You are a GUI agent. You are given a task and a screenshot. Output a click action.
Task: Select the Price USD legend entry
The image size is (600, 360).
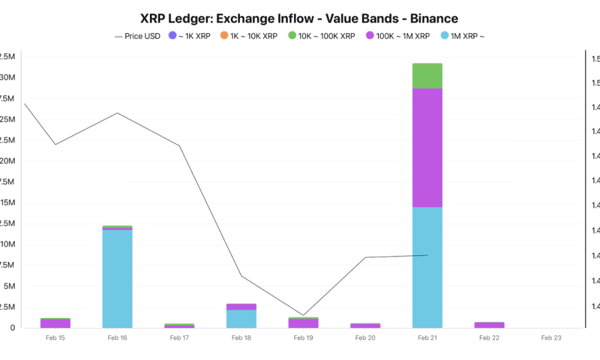pyautogui.click(x=137, y=36)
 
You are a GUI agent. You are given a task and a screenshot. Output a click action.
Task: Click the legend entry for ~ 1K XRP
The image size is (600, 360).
pyautogui.click(x=190, y=36)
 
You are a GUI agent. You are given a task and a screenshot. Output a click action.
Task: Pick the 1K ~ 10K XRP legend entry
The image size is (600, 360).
pyautogui.click(x=248, y=36)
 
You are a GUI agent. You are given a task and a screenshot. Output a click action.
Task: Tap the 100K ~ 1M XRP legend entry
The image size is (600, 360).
pyautogui.click(x=397, y=36)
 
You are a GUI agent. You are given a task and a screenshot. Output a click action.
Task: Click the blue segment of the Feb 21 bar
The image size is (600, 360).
pyautogui.click(x=427, y=267)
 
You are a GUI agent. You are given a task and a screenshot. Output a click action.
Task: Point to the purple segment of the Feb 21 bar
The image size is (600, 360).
pyautogui.click(x=427, y=148)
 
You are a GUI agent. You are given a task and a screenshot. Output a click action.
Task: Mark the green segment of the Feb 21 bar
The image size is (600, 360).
pyautogui.click(x=427, y=76)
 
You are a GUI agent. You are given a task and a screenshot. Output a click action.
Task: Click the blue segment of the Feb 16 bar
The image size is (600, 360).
pyautogui.click(x=117, y=278)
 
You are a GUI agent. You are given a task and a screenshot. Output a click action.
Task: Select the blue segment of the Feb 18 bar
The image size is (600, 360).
pyautogui.click(x=241, y=319)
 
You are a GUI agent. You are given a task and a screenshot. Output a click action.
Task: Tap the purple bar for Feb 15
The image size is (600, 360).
pyautogui.click(x=55, y=323)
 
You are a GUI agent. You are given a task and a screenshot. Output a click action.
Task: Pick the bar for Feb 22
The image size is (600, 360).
pyautogui.click(x=489, y=325)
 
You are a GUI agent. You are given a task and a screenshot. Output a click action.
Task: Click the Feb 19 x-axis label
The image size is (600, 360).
pyautogui.click(x=303, y=338)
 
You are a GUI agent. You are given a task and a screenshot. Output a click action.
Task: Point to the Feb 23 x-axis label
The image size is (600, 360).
pyautogui.click(x=551, y=338)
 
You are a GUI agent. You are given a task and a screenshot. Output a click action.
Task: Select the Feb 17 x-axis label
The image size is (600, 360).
pyautogui.click(x=179, y=338)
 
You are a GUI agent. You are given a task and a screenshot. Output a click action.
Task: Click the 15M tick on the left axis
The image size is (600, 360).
pyautogui.click(x=7, y=203)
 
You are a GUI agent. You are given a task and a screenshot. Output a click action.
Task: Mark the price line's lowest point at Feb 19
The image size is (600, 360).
pyautogui.click(x=303, y=315)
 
